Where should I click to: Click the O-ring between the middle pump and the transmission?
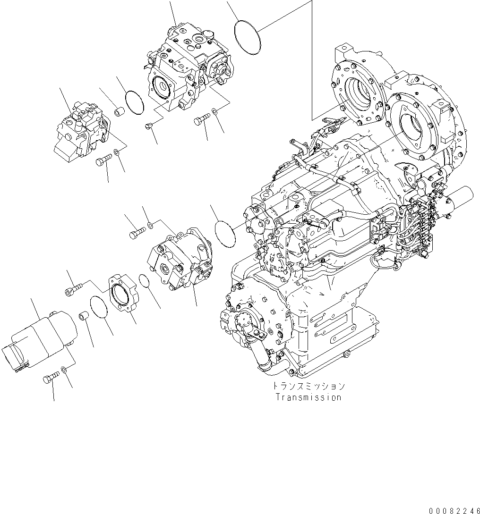point(225,232)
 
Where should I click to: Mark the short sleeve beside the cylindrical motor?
point(84,314)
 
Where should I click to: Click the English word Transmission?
point(309,397)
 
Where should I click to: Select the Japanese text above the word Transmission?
point(309,386)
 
